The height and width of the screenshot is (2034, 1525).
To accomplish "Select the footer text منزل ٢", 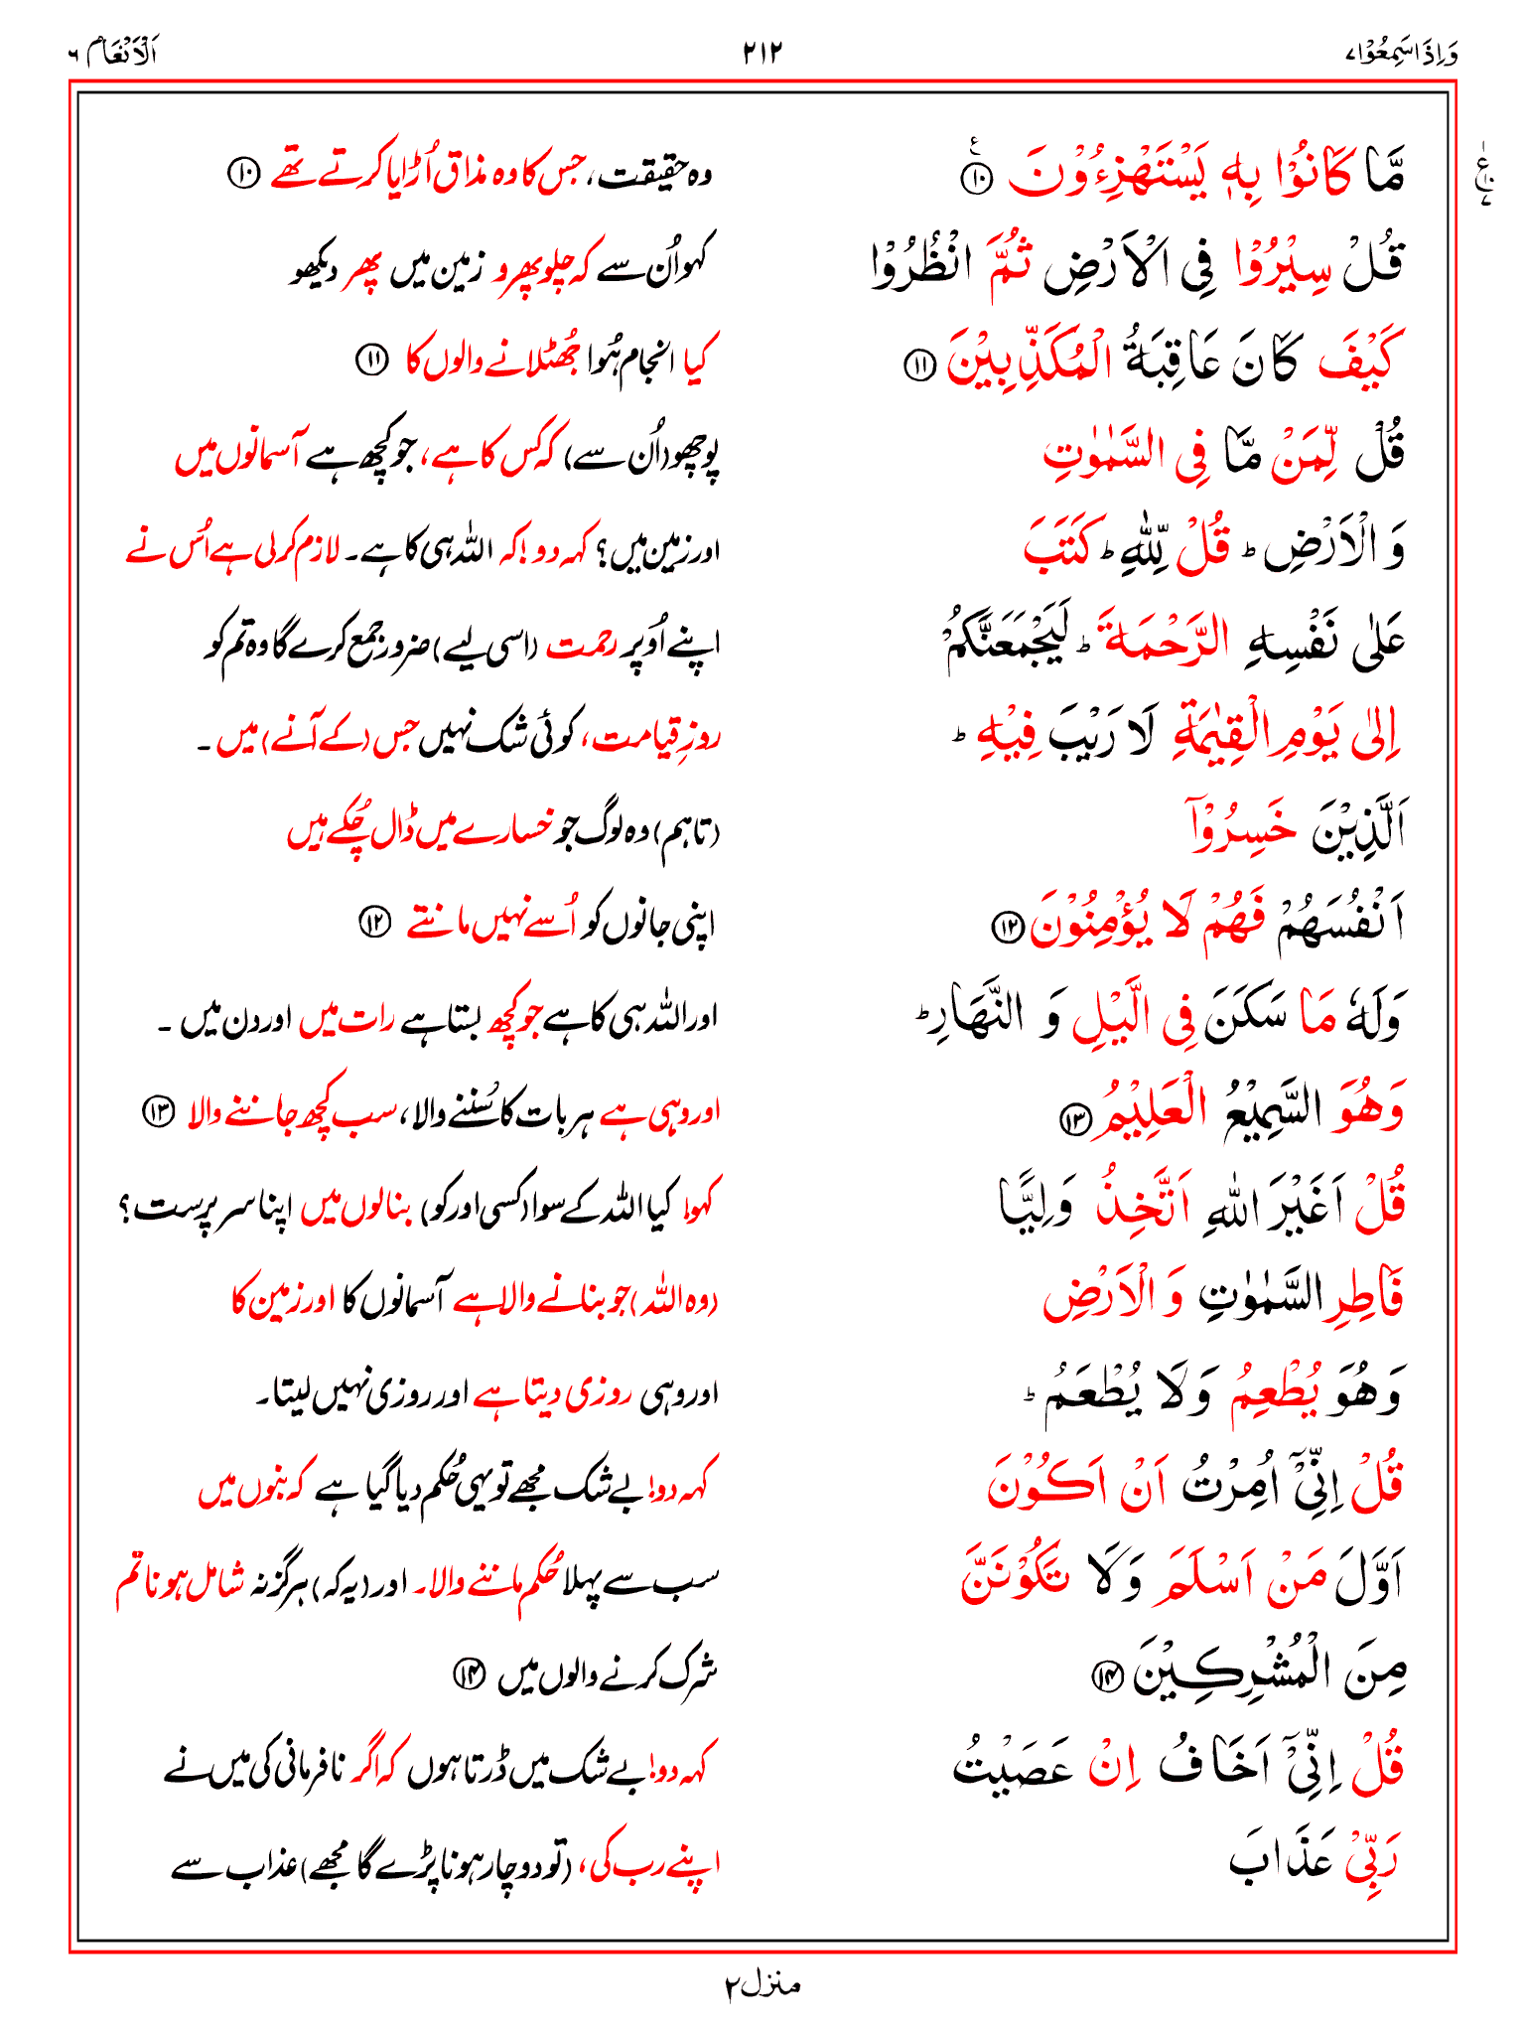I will click(762, 1985).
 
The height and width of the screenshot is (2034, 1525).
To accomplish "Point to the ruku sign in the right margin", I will click(1485, 179).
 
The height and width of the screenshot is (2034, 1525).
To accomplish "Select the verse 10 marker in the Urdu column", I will click(242, 176).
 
